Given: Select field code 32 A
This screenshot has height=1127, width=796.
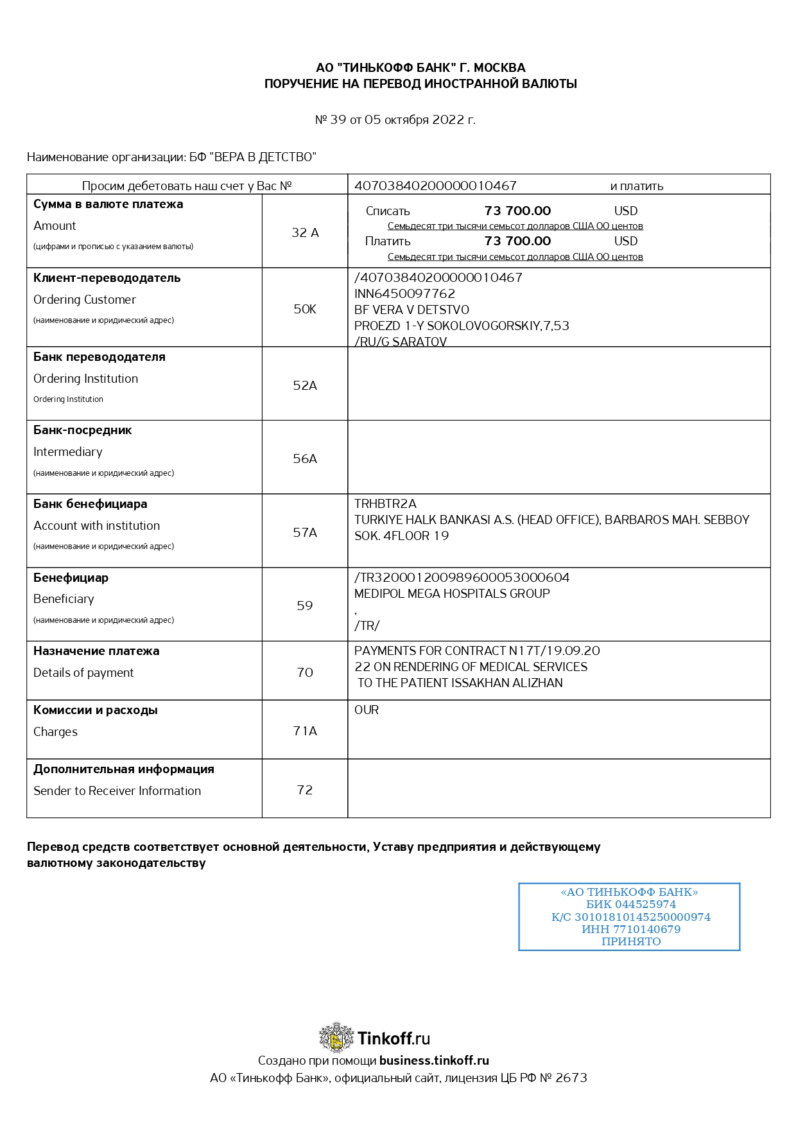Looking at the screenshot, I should tap(305, 232).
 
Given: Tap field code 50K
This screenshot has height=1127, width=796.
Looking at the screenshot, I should tap(305, 309).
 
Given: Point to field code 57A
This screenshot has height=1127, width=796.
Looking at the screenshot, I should tap(305, 532).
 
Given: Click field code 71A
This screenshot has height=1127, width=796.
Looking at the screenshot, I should tap(305, 731).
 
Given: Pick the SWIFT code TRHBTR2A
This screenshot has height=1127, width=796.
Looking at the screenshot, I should tap(385, 503).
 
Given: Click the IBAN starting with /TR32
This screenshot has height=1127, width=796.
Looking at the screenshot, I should tap(462, 577).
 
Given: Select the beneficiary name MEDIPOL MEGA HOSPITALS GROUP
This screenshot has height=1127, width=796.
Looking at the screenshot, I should tap(452, 593).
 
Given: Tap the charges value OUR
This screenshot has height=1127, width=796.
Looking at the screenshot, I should tap(367, 710).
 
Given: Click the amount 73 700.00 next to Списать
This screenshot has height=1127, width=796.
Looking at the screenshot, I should tap(517, 211).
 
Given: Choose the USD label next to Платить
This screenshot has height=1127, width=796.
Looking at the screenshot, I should tap(626, 241).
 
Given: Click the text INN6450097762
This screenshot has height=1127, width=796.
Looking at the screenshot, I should tap(404, 293).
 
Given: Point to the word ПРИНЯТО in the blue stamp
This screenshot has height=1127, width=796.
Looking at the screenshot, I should tap(630, 941).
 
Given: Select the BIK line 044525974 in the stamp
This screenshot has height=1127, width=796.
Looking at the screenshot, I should tap(630, 904).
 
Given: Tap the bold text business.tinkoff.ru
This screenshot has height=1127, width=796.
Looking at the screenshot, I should tap(434, 1060).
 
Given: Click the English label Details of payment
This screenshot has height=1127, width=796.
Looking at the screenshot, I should tap(83, 672).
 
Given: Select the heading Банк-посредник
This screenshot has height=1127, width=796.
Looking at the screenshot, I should tap(82, 430).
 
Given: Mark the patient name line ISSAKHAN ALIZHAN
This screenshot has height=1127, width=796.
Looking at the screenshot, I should tap(460, 683).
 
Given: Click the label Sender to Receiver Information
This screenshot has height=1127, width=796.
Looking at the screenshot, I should tap(117, 791).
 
